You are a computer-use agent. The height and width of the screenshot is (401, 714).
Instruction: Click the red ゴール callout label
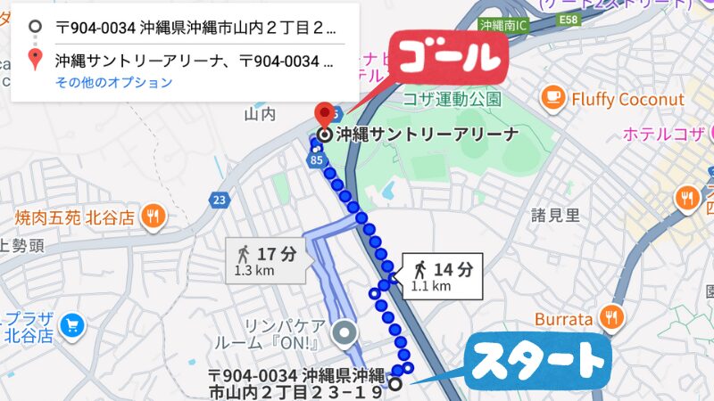447,60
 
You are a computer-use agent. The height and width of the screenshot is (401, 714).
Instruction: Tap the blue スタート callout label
538,363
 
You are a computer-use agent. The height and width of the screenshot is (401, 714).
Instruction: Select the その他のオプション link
113,83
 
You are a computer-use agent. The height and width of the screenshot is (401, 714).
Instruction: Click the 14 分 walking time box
442,275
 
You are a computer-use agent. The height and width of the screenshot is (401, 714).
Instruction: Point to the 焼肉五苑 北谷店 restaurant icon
154,216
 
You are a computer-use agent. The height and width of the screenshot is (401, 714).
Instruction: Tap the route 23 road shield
220,200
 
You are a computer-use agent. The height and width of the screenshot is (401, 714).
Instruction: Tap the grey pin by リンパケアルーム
345,334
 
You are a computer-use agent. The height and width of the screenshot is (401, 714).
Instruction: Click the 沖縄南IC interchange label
503,25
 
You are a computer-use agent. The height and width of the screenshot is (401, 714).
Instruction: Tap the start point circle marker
394,385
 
